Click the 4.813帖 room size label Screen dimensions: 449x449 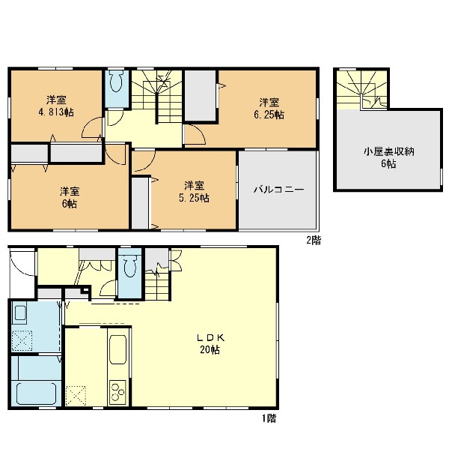pos(56,112)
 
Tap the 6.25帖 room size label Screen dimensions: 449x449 pos(269,115)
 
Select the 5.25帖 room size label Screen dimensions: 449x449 pos(194,198)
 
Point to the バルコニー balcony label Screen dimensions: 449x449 pos(278,190)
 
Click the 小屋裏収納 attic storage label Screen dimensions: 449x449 pos(389,151)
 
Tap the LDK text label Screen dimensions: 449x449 pos(210,337)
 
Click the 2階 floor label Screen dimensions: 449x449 pos(314,240)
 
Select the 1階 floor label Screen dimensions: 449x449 pos(269,418)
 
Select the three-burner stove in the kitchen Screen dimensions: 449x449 pos(117,392)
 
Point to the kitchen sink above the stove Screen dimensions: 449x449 pos(117,349)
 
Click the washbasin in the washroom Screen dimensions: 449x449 pos(20,313)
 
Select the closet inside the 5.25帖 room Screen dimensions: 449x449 pos(140,203)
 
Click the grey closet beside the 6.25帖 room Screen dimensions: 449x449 pos(200,95)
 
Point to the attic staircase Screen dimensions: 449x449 pos(361,90)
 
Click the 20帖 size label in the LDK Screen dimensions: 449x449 pos(210,350)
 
